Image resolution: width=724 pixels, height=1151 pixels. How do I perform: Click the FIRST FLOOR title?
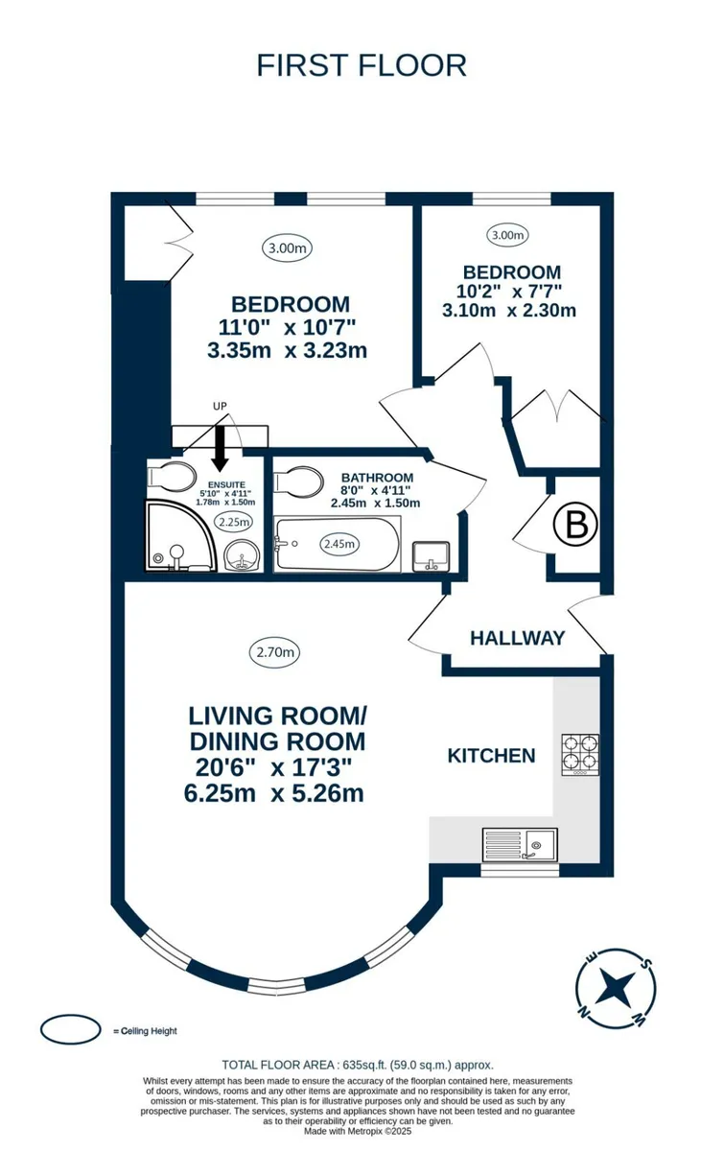[x=362, y=65]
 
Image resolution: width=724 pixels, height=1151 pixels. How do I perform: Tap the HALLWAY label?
[x=518, y=638]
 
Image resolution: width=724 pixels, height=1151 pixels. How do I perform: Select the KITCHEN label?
[x=491, y=756]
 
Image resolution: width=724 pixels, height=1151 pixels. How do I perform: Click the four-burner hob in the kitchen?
[x=580, y=755]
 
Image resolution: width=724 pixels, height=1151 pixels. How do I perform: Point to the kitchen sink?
[x=520, y=844]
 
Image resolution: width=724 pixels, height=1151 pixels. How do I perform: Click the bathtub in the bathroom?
[x=338, y=544]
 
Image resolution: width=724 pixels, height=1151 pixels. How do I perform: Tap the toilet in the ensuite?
[x=171, y=476]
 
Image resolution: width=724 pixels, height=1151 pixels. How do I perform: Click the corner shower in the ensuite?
[x=181, y=536]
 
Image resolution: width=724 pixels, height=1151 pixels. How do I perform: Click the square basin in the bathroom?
[x=432, y=556]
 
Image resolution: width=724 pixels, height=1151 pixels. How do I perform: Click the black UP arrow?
[x=221, y=448]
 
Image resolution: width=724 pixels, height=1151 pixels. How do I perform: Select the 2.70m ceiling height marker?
[x=275, y=652]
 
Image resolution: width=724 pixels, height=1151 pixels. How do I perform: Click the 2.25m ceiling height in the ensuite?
[x=234, y=522]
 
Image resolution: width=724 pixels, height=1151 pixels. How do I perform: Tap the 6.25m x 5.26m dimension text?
[x=274, y=793]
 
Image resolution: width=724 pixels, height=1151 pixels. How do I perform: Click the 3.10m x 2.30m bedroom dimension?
[x=508, y=310]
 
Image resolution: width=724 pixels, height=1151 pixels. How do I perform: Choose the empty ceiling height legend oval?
[x=70, y=1029]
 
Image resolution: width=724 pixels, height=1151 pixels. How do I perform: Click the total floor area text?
[x=358, y=1065]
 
